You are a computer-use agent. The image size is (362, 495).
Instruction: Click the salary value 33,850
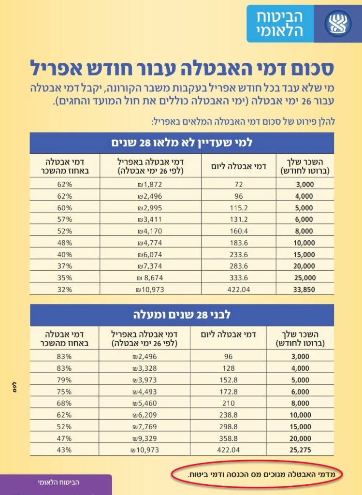[x=303, y=290]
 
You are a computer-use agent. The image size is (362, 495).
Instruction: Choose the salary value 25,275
[x=303, y=450]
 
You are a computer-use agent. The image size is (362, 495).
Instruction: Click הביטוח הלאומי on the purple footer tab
[x=58, y=482]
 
